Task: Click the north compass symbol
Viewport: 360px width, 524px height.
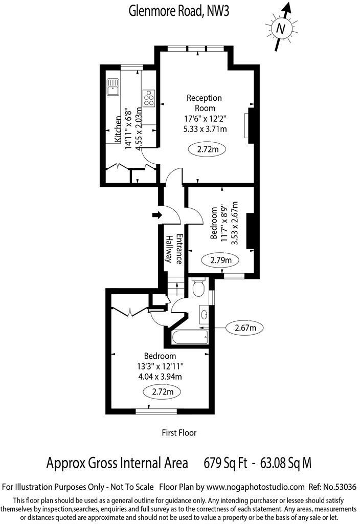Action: pyautogui.click(x=280, y=29)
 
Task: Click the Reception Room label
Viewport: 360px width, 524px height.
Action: pyautogui.click(x=204, y=103)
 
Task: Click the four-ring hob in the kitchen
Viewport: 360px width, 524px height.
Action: pyautogui.click(x=149, y=97)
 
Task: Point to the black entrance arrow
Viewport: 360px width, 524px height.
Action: pyautogui.click(x=156, y=215)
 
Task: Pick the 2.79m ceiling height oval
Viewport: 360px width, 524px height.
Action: pyautogui.click(x=221, y=260)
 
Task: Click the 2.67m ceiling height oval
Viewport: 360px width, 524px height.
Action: pyautogui.click(x=245, y=327)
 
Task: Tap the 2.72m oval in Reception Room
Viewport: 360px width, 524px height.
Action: pyautogui.click(x=208, y=150)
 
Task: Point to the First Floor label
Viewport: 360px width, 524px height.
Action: pyautogui.click(x=179, y=432)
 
